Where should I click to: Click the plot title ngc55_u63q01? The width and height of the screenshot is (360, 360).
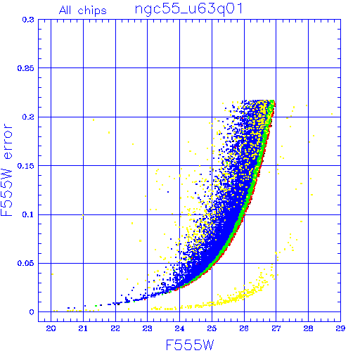click(x=188, y=10)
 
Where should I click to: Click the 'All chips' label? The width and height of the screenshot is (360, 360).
click(x=83, y=11)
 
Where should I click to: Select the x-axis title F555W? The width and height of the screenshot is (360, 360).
click(x=190, y=345)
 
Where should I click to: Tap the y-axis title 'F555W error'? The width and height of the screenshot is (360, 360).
click(x=6, y=170)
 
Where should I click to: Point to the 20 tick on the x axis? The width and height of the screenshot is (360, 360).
click(x=51, y=328)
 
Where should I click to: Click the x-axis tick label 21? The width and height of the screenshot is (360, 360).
click(x=83, y=328)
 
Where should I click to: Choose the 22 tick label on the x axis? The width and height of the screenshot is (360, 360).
click(x=115, y=328)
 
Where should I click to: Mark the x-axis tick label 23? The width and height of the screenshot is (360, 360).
click(x=148, y=328)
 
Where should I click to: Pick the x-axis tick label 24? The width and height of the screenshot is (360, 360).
click(x=179, y=328)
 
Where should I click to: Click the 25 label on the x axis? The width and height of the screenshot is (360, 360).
click(x=212, y=328)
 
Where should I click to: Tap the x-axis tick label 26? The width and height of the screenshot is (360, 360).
click(x=244, y=328)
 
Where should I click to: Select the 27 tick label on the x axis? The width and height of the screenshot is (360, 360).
click(x=276, y=328)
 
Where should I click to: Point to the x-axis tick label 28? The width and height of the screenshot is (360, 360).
click(x=308, y=328)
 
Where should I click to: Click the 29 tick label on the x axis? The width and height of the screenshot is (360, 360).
click(x=340, y=328)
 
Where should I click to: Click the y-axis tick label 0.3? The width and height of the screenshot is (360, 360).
click(x=28, y=20)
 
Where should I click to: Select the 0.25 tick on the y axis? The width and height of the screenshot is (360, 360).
click(x=25, y=68)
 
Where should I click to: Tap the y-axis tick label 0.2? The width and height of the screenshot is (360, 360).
click(x=28, y=117)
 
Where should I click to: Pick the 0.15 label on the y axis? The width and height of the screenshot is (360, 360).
click(x=25, y=166)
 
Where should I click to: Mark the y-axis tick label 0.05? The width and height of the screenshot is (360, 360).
click(x=25, y=263)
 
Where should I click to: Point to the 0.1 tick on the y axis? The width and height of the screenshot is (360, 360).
click(x=28, y=214)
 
